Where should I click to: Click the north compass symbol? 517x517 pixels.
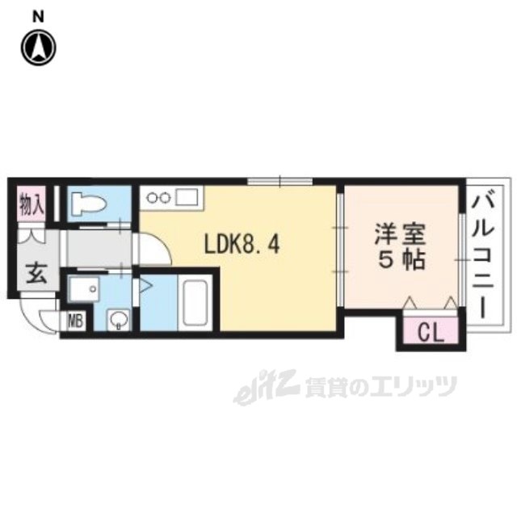coord(38,48)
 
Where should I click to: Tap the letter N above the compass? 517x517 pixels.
coord(38,16)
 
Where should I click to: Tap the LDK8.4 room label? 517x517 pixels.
coord(241,243)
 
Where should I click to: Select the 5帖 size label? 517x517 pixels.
coord(400,262)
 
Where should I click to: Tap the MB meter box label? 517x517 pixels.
coord(75,321)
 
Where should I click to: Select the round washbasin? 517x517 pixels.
coord(118,321)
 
